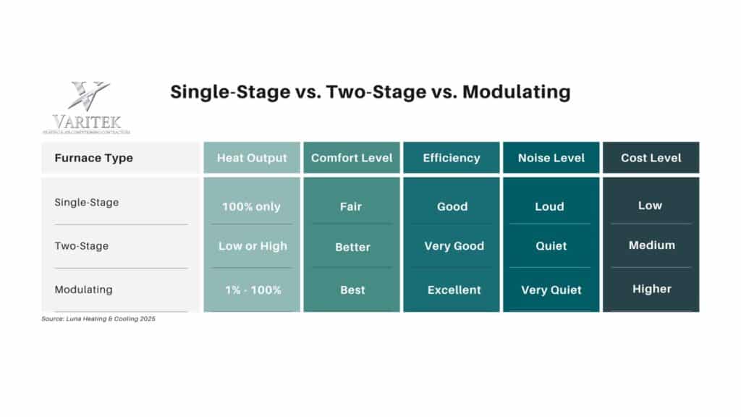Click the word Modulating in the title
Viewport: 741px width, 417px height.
coord(517,92)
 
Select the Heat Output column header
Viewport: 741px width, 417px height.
coord(252,158)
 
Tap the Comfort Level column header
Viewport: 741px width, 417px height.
coord(352,158)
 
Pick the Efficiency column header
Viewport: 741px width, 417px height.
coord(452,158)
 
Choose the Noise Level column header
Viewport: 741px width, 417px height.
coord(551,158)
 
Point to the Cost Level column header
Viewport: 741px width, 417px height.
coord(651,158)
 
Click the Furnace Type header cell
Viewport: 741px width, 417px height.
coord(94,158)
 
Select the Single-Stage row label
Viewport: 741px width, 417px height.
coord(87,202)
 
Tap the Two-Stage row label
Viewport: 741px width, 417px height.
coord(82,245)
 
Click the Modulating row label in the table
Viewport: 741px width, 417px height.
coord(84,290)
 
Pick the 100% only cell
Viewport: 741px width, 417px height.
coord(251,206)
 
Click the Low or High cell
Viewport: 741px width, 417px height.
coord(253,246)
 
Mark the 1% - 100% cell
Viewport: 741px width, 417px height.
coord(252,290)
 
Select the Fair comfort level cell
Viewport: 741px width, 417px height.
coord(351,206)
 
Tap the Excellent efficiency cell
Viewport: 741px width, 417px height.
coord(454,290)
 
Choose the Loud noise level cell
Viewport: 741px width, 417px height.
coord(549,206)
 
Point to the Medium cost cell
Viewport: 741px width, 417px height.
coord(651,245)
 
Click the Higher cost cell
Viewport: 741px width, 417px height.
coord(651,289)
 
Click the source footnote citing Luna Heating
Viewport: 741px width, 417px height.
coord(98,319)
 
